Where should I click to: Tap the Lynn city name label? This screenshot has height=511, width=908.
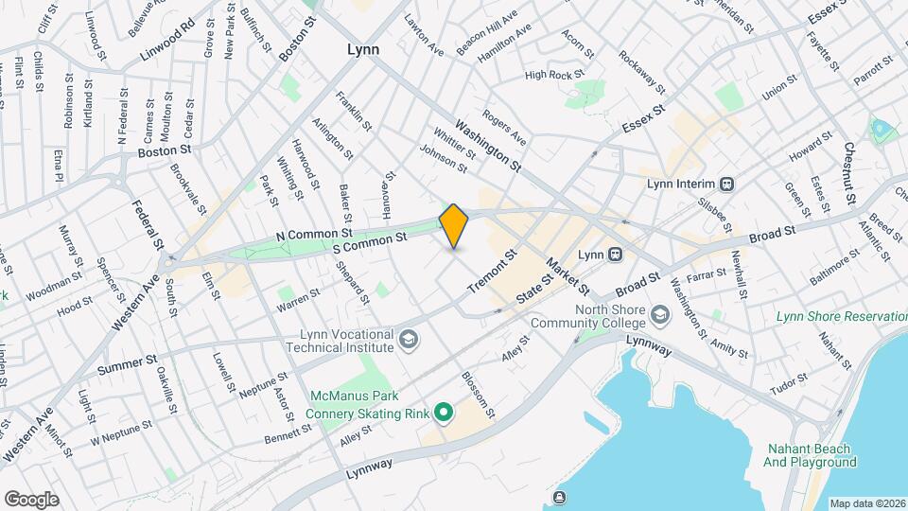coord(362,49)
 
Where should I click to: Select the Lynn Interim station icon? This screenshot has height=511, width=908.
coord(727,184)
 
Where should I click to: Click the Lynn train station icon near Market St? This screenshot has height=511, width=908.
coord(614,255)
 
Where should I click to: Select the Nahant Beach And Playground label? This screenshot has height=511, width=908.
coord(809,455)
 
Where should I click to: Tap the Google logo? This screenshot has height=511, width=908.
coord(31,500)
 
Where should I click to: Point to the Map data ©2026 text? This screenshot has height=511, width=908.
coord(866,503)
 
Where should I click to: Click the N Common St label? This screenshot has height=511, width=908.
coord(314,232)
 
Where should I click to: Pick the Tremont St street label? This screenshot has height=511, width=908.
coord(493,270)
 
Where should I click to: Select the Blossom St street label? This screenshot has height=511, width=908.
coord(478,395)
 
